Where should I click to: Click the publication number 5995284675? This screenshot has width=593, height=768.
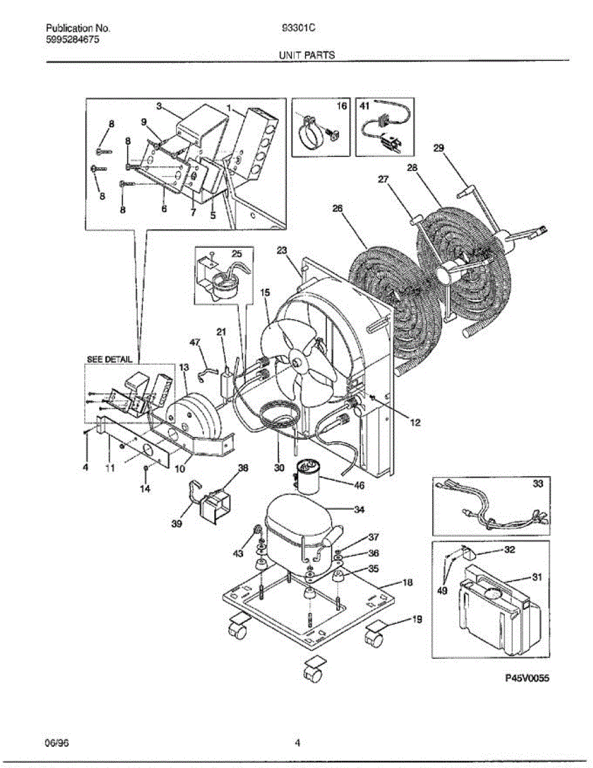(73, 40)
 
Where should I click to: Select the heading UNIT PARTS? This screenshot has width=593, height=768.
(306, 56)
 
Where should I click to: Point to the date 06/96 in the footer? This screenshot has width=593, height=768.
(56, 743)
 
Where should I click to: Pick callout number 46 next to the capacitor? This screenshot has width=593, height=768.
(359, 486)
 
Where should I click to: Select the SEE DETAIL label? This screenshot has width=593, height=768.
(109, 360)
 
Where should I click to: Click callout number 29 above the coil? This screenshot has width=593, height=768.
(438, 148)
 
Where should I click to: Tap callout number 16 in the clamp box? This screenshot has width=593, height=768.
(342, 107)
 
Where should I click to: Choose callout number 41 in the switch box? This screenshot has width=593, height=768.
(365, 107)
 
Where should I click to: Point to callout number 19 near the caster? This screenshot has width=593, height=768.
(416, 619)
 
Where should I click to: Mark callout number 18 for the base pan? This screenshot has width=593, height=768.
(407, 582)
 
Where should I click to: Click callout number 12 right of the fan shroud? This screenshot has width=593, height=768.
(416, 422)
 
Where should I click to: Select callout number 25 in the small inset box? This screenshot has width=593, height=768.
(237, 255)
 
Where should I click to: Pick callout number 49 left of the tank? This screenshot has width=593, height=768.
(442, 591)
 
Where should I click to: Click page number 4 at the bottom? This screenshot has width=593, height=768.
(297, 743)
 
